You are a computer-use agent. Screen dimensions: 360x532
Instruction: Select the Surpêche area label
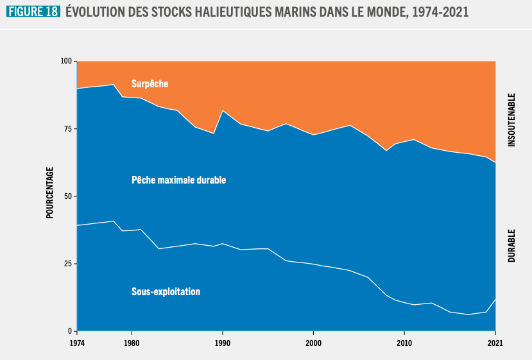click(x=150, y=83)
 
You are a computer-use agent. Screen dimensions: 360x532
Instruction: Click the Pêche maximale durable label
click(x=178, y=180)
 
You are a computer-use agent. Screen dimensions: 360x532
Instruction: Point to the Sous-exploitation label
click(x=166, y=291)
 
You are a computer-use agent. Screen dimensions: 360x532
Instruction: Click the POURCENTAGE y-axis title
click(x=49, y=193)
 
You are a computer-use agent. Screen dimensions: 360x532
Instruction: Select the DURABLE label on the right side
click(x=511, y=245)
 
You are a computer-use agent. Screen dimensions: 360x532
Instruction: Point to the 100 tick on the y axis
click(x=67, y=62)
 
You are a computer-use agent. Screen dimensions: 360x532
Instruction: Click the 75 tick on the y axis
click(x=69, y=129)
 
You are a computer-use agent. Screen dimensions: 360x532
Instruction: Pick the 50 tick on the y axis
click(x=69, y=196)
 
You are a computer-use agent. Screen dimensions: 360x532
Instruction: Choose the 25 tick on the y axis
click(x=69, y=264)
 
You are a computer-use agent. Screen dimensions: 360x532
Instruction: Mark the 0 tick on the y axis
click(x=71, y=331)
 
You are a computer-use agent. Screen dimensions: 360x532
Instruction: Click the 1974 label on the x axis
click(x=77, y=343)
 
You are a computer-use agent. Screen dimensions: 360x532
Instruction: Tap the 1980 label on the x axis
click(x=132, y=343)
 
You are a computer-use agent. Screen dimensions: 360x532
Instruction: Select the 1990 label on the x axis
click(x=222, y=343)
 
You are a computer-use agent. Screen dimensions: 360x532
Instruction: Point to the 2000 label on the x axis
click(x=313, y=343)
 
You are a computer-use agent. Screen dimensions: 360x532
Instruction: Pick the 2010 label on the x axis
click(x=404, y=343)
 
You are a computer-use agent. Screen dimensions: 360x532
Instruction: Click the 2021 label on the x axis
click(x=495, y=343)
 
